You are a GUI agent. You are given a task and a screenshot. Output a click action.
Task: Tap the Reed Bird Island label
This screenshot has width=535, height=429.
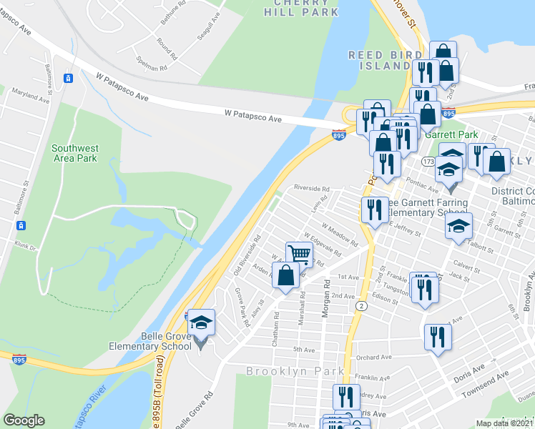coord(379,60)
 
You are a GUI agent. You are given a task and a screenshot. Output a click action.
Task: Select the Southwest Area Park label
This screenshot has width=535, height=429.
coord(74,153)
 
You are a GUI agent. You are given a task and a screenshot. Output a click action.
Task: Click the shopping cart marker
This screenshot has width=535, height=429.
coord(299,254)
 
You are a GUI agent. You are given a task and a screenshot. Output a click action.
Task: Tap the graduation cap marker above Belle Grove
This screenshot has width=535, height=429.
coord(201,322)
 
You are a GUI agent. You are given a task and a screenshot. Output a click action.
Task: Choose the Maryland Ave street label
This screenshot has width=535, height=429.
coord(29,97)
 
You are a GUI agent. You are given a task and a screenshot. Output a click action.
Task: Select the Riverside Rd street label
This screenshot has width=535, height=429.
coord(311,189)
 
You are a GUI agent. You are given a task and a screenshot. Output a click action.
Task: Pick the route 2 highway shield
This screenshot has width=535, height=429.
coord(361,305)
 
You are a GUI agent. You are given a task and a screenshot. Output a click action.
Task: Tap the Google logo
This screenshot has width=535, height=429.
coord(24,420)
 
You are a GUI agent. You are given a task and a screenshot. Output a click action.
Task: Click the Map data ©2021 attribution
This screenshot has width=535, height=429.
coord(505,423)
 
